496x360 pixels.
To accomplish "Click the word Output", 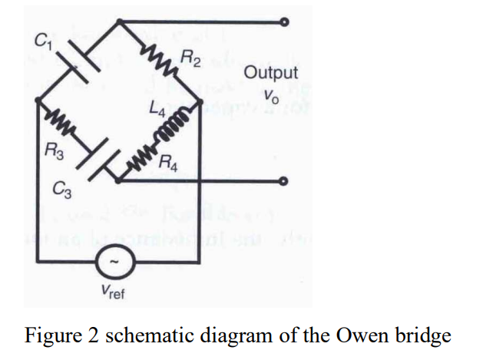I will [x=270, y=73].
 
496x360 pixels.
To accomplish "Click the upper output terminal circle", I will [x=285, y=21].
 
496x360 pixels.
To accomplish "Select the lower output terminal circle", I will [x=285, y=182].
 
